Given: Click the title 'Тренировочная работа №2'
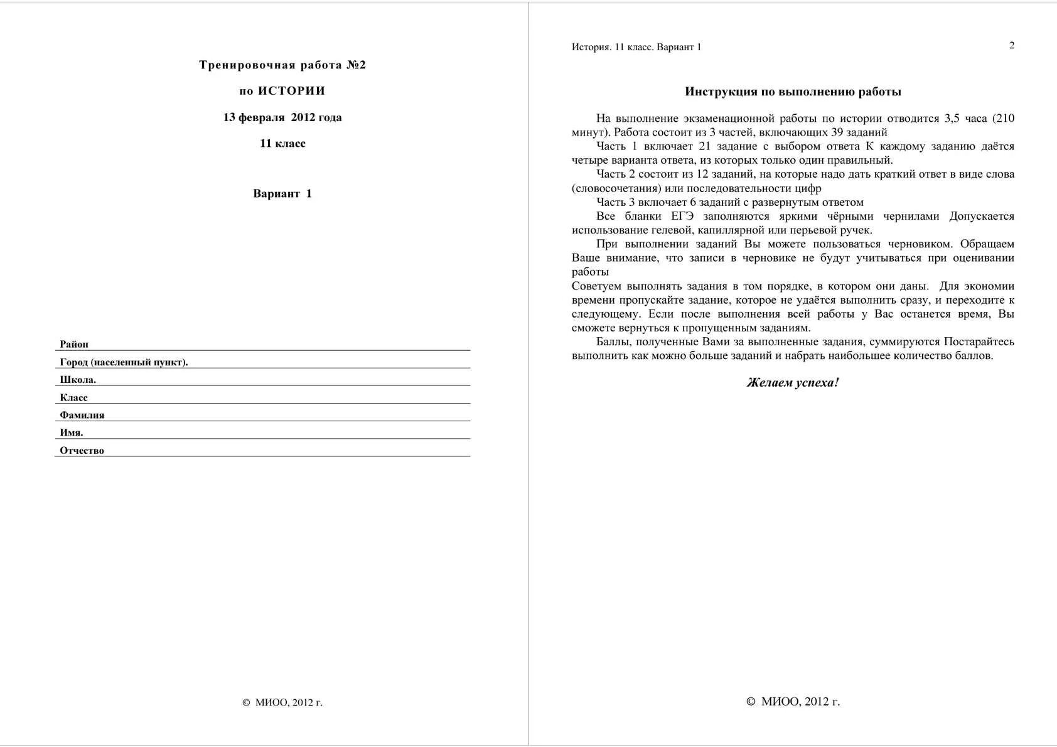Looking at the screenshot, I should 282,65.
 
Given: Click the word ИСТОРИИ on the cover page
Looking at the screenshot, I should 291,91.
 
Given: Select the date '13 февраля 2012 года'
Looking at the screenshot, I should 282,117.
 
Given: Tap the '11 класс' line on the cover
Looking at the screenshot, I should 282,143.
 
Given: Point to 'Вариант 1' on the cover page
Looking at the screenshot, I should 282,193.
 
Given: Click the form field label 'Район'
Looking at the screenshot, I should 74,344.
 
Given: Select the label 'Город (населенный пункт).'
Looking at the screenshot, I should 124,362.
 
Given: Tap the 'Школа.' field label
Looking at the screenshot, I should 78,380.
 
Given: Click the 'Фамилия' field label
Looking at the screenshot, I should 82,415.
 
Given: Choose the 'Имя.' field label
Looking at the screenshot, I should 72,433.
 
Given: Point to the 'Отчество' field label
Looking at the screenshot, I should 82,450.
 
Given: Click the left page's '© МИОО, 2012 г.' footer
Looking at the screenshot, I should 282,702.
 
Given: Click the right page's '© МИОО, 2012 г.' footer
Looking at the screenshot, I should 793,702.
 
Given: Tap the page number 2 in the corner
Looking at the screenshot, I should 1011,45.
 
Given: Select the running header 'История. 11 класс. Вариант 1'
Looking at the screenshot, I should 636,47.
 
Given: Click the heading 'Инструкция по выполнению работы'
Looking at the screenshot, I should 793,92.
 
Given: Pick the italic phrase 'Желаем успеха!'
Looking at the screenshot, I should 793,382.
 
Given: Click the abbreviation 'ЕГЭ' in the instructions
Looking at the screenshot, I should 682,216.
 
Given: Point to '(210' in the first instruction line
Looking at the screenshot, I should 1003,118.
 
